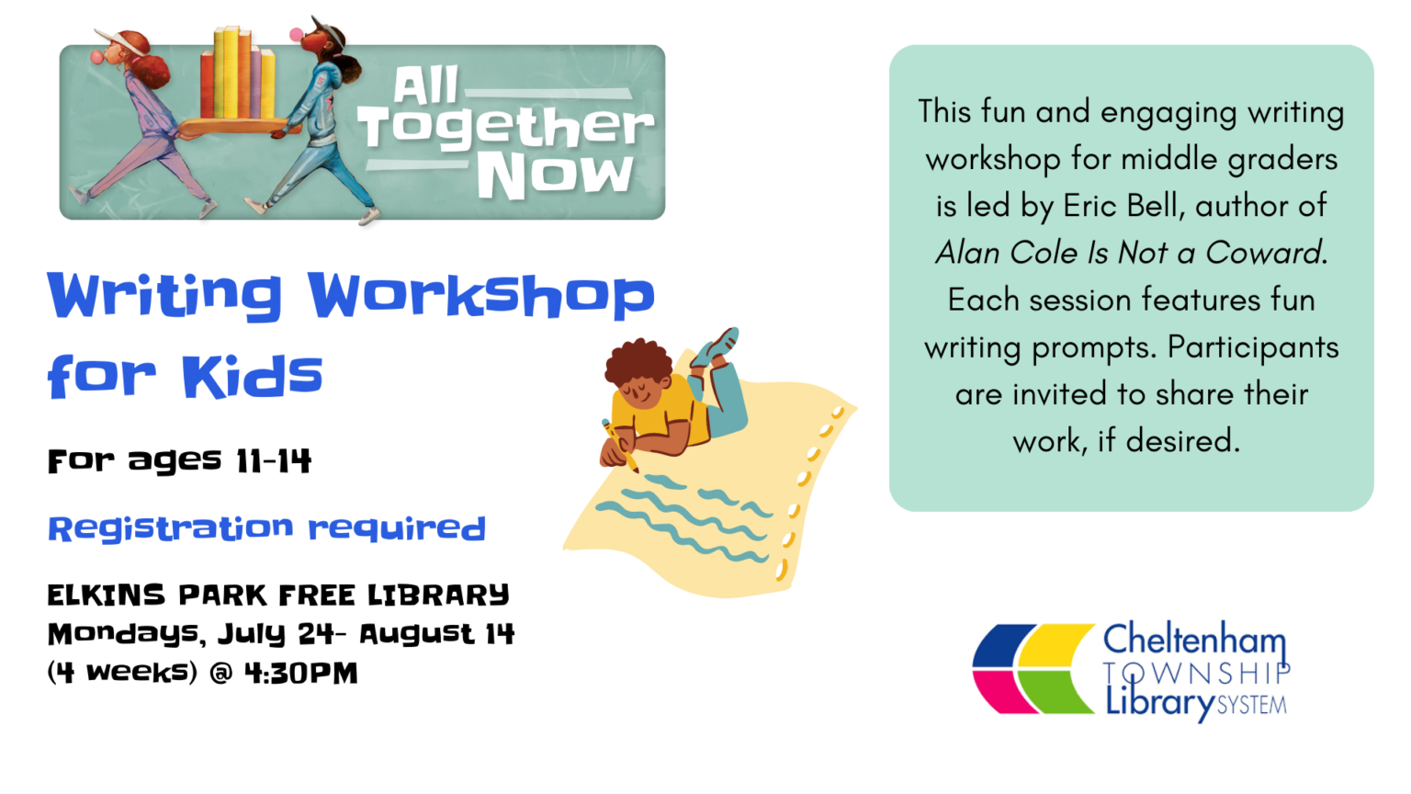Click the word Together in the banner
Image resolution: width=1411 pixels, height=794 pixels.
click(506, 129)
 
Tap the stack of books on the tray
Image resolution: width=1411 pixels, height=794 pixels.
click(238, 74)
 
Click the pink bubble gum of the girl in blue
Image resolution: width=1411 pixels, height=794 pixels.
click(296, 34)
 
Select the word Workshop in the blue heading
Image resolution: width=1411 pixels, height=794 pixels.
click(482, 296)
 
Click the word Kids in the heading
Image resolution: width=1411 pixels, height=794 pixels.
click(253, 376)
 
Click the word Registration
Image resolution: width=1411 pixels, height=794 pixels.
click(171, 528)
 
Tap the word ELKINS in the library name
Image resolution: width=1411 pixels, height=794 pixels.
click(107, 595)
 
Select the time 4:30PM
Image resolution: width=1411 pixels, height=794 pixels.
click(301, 673)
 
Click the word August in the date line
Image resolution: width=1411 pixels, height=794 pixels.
click(416, 634)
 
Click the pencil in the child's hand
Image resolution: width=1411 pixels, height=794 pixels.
click(620, 446)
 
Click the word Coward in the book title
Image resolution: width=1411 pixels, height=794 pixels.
click(1262, 253)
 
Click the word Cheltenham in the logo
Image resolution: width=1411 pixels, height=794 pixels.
click(1194, 641)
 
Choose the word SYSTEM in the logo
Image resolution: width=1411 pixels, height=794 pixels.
click(1252, 705)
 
